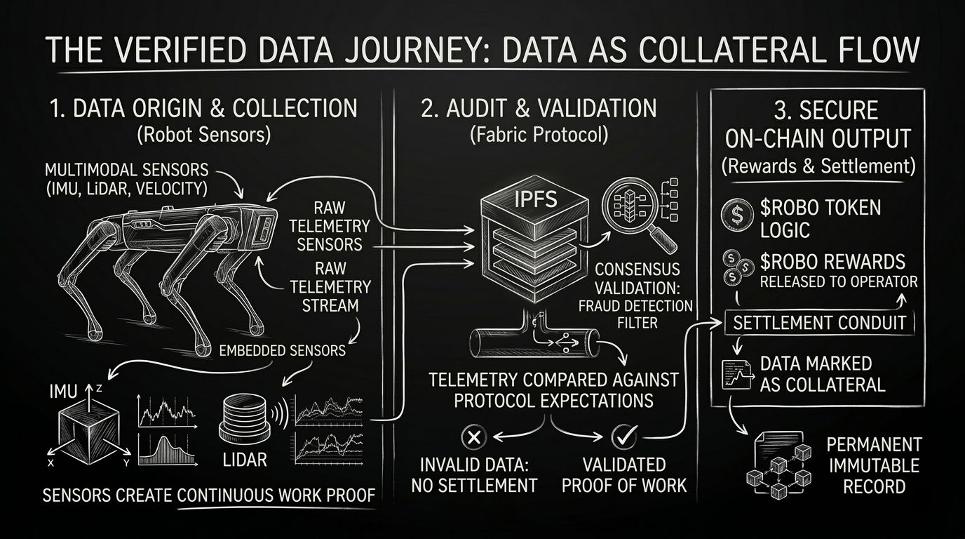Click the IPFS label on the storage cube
pos(535,199)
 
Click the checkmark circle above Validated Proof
pos(622,437)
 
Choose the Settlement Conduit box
pos(819,323)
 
